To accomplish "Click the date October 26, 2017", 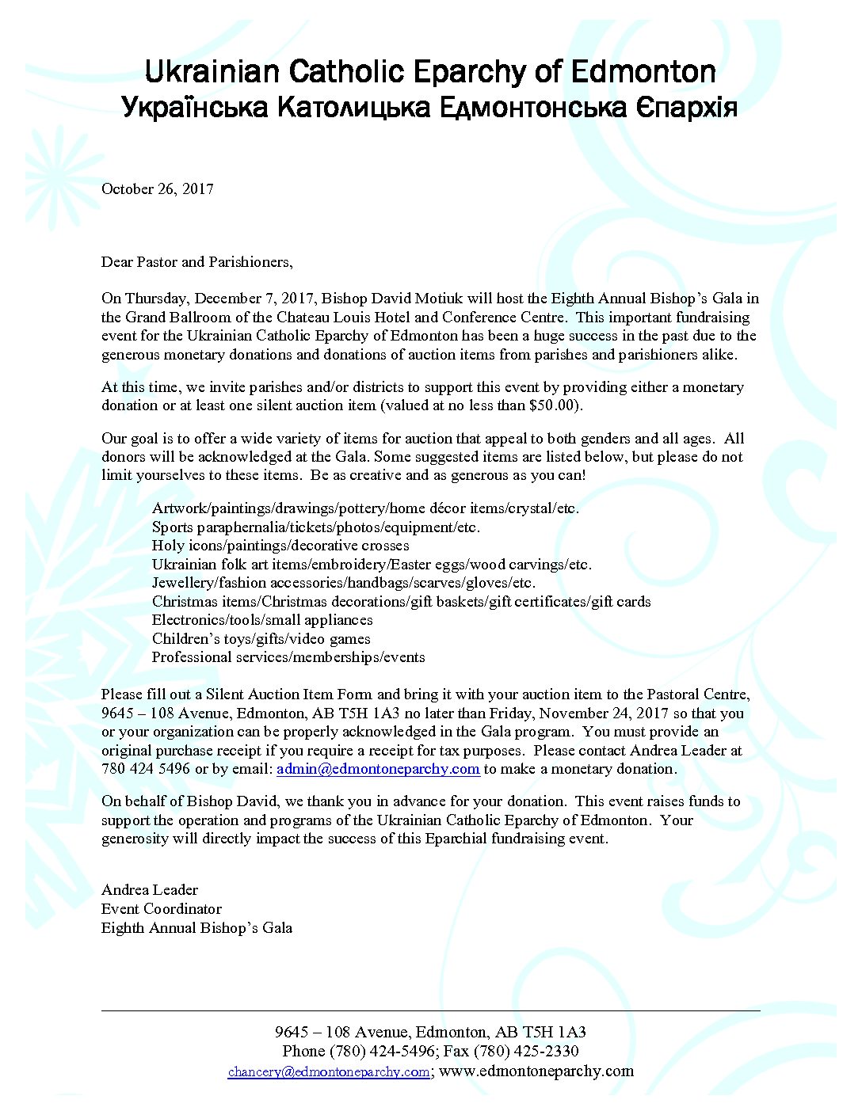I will point(157,188).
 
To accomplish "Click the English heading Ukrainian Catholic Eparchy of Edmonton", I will point(430,72).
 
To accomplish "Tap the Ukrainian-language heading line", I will point(430,107).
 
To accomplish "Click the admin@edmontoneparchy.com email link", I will point(378,769).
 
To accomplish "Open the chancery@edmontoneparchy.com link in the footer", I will point(329,1071).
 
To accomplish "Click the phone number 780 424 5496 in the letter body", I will point(146,769).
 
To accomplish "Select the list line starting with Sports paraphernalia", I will point(316,527).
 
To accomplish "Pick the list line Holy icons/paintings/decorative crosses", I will point(280,546).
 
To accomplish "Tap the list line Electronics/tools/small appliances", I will point(262,620).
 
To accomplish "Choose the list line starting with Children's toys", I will point(261,639).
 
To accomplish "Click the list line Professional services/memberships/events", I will point(288,657).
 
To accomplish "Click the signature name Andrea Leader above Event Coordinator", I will point(150,890).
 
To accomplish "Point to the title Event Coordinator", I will point(162,909).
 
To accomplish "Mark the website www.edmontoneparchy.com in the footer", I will point(536,1071).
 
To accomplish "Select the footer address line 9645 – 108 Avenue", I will point(430,1033).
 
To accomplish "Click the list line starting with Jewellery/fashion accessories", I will point(344,583).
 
